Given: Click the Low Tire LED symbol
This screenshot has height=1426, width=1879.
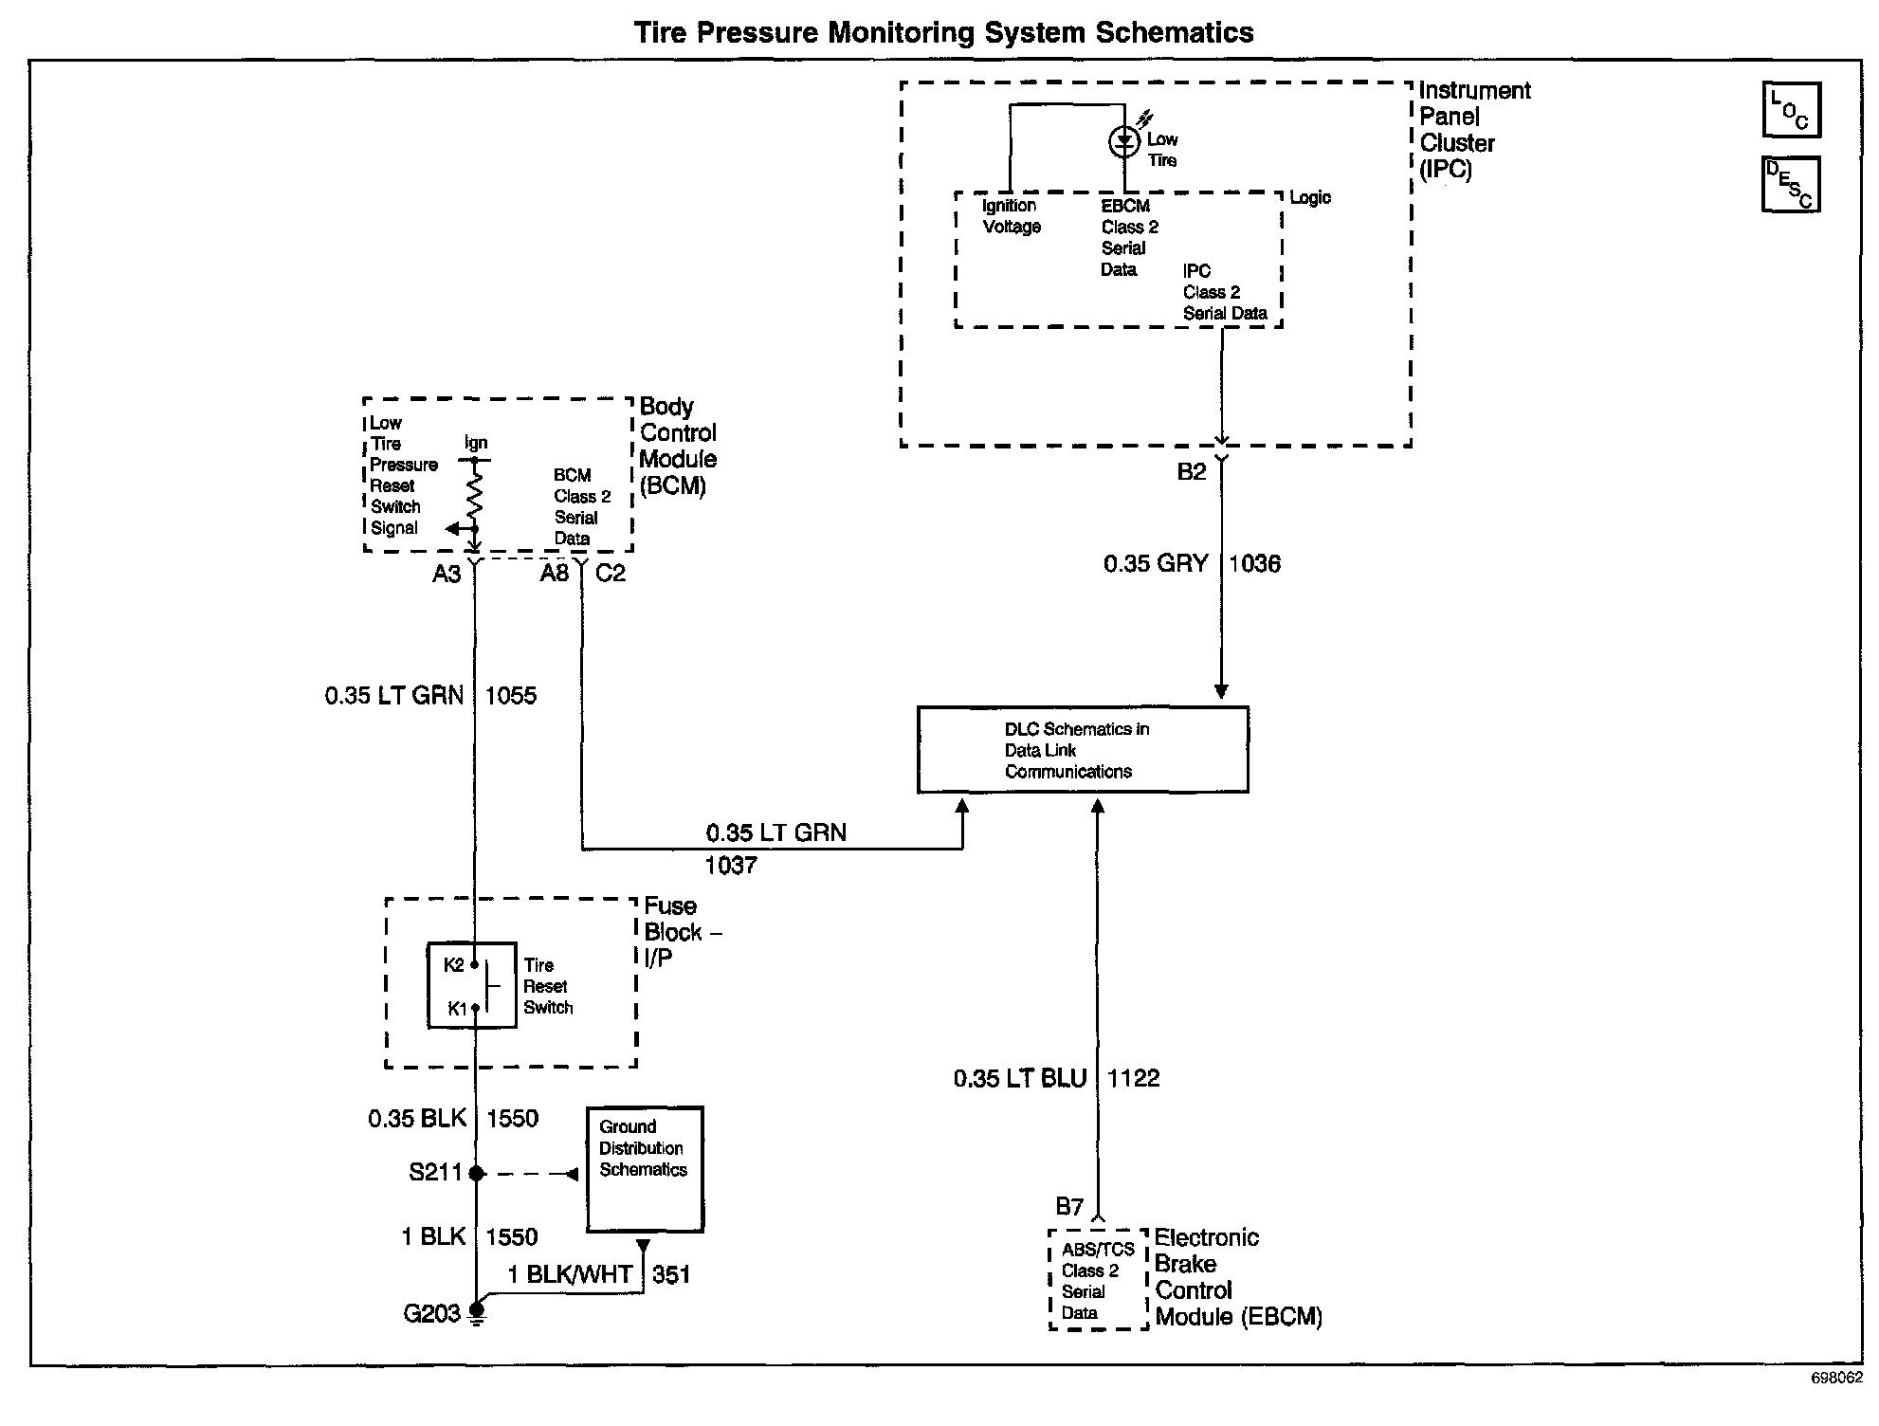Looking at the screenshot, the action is [x=1124, y=142].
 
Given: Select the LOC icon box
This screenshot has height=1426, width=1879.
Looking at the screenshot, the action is [x=1791, y=110].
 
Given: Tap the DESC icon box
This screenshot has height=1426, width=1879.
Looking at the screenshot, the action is [x=1791, y=184].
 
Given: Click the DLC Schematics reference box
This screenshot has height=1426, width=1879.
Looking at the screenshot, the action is [x=1083, y=749].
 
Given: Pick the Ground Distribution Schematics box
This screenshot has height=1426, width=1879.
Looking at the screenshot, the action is [x=645, y=1169].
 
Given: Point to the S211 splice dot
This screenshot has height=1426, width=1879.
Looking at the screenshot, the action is [x=477, y=1174].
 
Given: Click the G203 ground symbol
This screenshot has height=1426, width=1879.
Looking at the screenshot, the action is [x=477, y=1315].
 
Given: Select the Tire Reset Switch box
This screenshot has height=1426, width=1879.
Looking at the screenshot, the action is [x=472, y=986].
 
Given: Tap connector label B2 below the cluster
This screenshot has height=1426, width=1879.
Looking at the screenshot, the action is [x=1192, y=472].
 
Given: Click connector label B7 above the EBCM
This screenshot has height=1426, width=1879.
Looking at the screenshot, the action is [x=1069, y=1207].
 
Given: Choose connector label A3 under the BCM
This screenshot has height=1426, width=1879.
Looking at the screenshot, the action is [x=447, y=574].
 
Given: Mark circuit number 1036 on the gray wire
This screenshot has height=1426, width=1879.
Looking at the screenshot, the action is [x=1254, y=564].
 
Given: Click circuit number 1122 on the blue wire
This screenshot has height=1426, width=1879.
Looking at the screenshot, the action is [x=1133, y=1078].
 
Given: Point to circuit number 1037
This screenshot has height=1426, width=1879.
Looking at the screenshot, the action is [x=731, y=865].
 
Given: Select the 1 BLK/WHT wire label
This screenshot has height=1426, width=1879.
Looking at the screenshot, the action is [x=570, y=1275].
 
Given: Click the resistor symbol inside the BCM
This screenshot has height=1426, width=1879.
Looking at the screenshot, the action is [x=475, y=493].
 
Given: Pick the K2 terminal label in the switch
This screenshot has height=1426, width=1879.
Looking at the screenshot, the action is [x=454, y=965].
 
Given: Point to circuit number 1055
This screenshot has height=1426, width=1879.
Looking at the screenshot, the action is [x=510, y=696].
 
